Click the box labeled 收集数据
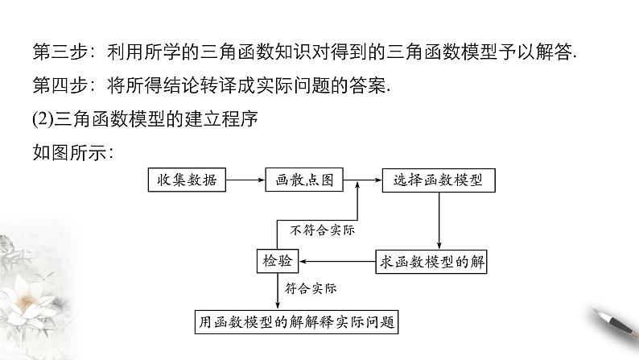click(187, 180)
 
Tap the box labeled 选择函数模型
click(439, 180)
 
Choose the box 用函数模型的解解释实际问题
click(298, 321)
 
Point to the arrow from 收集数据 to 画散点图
click(245, 180)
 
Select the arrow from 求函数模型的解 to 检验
click(341, 259)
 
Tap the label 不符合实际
click(322, 230)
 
